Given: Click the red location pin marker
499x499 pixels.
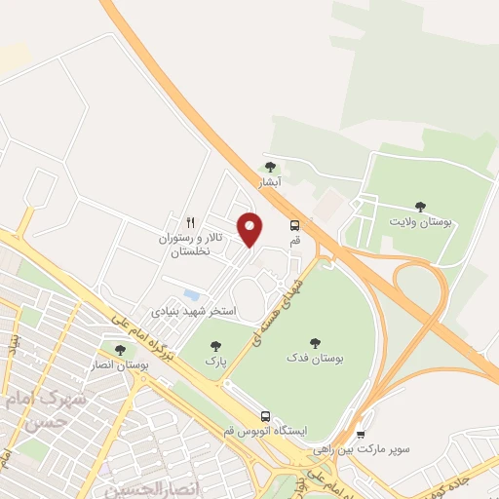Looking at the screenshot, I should click(x=250, y=228).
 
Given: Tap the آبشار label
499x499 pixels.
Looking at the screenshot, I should click(x=269, y=182).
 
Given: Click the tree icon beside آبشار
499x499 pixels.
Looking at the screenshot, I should click(x=270, y=168).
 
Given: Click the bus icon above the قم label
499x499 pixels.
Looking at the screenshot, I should click(x=294, y=225).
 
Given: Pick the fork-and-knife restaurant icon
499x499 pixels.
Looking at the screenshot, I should click(x=191, y=223).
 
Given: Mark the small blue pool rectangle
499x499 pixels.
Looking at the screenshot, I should click(x=192, y=294).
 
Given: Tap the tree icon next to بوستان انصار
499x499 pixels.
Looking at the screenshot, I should click(x=121, y=350).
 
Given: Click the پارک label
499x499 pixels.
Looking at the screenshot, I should click(x=214, y=361).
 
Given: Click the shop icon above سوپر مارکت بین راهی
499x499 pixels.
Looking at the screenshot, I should click(x=362, y=435).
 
